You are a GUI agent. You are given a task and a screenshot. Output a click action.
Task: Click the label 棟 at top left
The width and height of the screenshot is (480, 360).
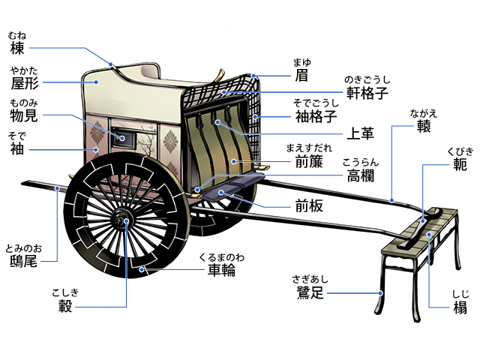pyautogui.click(x=16, y=49)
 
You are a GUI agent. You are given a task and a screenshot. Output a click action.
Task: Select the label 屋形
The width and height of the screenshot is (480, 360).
pyautogui.click(x=24, y=84)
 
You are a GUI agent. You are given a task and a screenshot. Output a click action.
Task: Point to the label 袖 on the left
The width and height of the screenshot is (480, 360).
pyautogui.click(x=16, y=150)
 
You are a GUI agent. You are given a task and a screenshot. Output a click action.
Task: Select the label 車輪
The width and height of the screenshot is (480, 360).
pyautogui.click(x=221, y=270)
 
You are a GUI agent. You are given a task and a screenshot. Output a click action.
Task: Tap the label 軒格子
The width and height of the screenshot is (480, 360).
pyautogui.click(x=366, y=93)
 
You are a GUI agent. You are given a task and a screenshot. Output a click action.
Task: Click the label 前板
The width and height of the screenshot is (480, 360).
pyautogui.click(x=309, y=205)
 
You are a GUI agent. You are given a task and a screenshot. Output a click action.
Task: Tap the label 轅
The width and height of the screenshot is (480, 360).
pyautogui.click(x=424, y=126)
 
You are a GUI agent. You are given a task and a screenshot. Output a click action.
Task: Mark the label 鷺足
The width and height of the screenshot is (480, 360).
pyautogui.click(x=309, y=292)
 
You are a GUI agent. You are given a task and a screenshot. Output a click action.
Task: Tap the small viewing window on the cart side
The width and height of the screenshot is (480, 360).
pyautogui.click(x=121, y=136)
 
